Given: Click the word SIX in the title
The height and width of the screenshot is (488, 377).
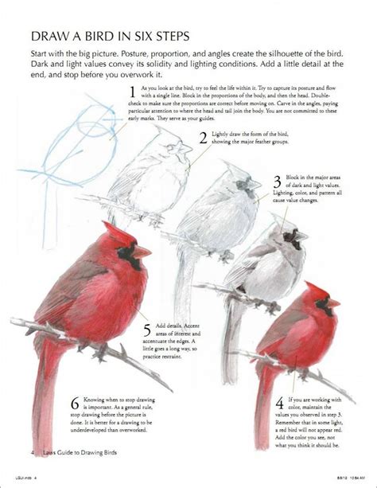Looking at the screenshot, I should (x=150, y=37).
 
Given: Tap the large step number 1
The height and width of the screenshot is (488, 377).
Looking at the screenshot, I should (x=132, y=92).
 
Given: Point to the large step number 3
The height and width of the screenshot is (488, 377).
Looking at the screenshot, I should (x=278, y=182).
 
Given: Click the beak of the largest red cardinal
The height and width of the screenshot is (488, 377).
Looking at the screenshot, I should (x=142, y=252).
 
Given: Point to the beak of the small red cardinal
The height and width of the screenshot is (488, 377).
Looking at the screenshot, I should (x=334, y=303).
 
